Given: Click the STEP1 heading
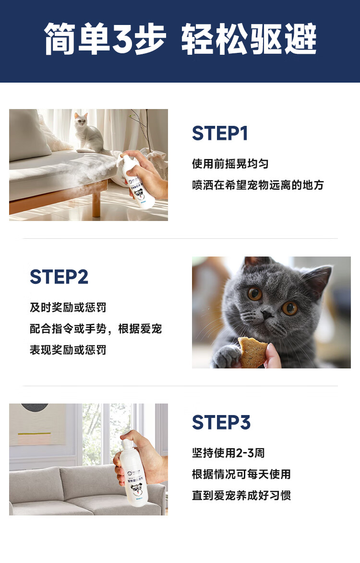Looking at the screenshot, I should (x=220, y=133).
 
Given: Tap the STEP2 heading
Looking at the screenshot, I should (x=59, y=277).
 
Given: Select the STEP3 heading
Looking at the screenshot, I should (x=221, y=423).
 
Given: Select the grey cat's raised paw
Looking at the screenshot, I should (x=226, y=355).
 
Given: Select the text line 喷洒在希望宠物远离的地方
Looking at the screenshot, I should (x=258, y=185).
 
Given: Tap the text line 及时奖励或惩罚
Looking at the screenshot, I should (x=68, y=307).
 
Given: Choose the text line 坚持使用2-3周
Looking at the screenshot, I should (x=228, y=453).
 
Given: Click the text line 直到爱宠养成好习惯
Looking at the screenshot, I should (x=241, y=495).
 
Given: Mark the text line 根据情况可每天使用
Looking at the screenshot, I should (x=241, y=474).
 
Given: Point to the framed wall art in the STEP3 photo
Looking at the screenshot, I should (x=36, y=425).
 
